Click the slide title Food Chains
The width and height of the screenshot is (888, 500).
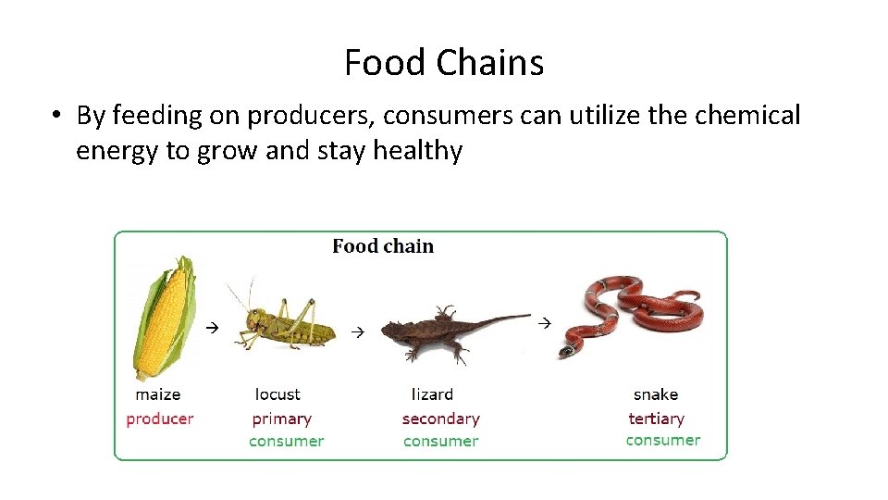[444, 63]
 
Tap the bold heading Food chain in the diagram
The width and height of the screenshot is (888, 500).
[382, 246]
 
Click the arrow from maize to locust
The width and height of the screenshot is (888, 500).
[211, 327]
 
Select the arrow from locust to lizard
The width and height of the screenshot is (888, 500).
[358, 331]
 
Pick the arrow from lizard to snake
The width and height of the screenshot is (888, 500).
[544, 322]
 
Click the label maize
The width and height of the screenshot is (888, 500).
[158, 394]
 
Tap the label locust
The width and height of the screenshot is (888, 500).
[277, 394]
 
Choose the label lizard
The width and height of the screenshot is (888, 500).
[432, 394]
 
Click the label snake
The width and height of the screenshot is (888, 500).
[656, 394]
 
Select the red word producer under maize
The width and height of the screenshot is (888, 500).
[160, 419]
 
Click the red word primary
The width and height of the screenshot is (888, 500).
[281, 419]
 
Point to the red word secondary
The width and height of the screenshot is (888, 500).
[440, 419]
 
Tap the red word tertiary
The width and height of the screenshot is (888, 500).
[656, 419]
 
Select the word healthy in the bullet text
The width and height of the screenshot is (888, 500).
[417, 150]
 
